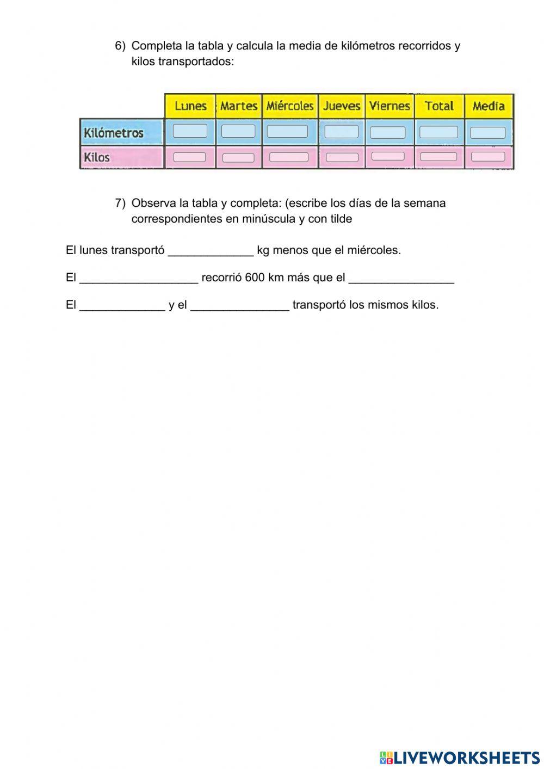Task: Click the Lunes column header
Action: (x=190, y=106)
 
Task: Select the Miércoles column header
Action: (x=290, y=106)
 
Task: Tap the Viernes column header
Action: (x=390, y=106)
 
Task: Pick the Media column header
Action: (x=489, y=106)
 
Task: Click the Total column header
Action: (x=439, y=106)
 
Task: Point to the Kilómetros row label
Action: (x=114, y=133)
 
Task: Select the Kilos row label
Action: (x=97, y=157)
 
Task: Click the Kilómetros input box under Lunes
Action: (x=190, y=131)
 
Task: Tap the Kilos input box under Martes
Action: (x=238, y=158)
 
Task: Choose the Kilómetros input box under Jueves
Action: (x=342, y=132)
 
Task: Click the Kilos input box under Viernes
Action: (x=388, y=156)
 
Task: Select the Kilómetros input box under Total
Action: (x=438, y=132)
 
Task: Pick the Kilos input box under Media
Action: (x=488, y=157)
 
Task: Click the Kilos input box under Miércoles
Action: (x=289, y=157)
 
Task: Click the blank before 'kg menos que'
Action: (x=211, y=251)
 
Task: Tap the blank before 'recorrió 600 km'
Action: (x=139, y=278)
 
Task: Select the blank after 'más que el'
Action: (x=401, y=278)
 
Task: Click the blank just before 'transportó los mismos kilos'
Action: (x=239, y=305)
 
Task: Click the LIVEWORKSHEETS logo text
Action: (x=466, y=758)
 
